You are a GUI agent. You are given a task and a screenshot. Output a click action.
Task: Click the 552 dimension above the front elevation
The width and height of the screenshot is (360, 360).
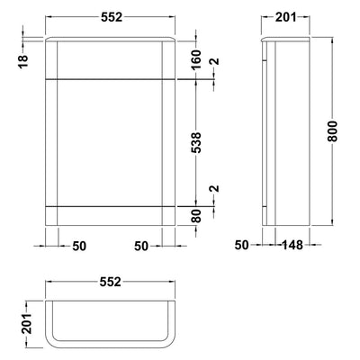point(112,17)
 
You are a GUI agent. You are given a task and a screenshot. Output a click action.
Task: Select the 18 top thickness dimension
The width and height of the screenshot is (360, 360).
point(23,61)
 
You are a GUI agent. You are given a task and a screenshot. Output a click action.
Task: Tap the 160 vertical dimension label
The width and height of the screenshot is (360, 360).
point(196,59)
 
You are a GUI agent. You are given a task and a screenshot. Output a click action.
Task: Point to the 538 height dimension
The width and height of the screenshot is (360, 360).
point(196,143)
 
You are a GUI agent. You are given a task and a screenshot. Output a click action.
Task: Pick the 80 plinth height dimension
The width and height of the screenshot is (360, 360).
point(196,216)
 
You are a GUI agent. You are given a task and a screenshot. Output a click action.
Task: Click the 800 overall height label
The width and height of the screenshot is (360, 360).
point(332,131)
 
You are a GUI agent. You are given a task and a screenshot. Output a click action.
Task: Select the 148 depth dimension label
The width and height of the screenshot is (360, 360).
point(292,246)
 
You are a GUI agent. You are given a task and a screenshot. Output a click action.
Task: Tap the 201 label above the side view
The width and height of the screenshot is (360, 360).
point(285,17)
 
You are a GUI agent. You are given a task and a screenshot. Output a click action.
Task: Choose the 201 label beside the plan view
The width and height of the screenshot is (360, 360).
point(26,324)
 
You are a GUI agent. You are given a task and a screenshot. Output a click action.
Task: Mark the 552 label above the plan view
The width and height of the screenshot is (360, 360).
point(110,282)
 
